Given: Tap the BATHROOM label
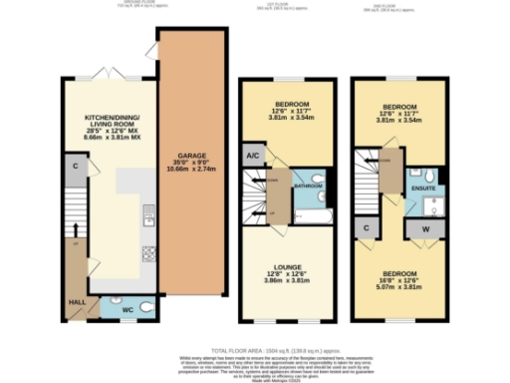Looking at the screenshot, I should tap(306, 186).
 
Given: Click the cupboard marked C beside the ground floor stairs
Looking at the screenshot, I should tap(76, 165).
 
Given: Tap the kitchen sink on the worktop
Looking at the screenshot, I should tap(147, 212).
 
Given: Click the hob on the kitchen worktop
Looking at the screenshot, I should tap(147, 251).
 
